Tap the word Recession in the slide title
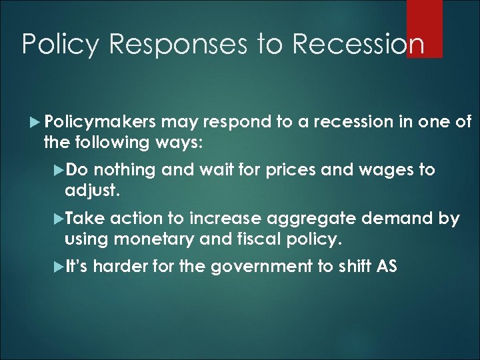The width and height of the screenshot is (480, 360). point(358,44)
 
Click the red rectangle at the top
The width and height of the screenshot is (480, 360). point(424,28)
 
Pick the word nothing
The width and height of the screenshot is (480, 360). point(129,170)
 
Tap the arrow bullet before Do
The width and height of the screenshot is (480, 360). point(59,171)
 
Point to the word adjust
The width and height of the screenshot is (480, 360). point(92,191)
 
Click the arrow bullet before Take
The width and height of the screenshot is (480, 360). point(59,219)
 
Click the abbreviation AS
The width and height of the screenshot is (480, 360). point(387,267)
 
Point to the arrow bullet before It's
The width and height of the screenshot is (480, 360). point(59,267)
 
